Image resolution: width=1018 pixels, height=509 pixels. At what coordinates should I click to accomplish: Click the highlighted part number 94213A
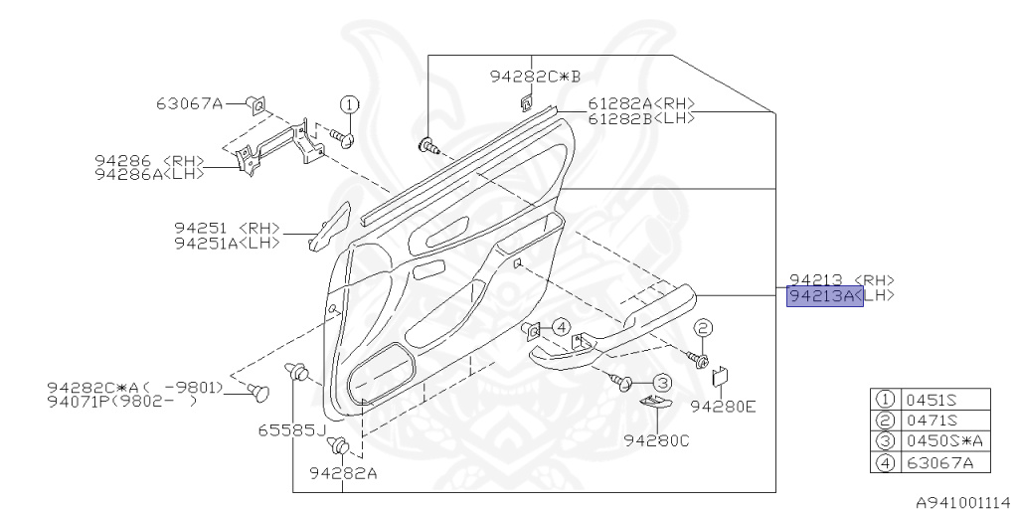point(824,296)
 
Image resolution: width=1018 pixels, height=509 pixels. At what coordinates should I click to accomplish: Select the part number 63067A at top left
point(189,102)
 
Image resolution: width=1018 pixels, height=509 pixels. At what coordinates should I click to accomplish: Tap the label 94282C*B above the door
point(534,76)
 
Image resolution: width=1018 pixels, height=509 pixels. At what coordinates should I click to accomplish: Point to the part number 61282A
point(618,104)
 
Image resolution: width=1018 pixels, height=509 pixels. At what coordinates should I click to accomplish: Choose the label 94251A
point(212,243)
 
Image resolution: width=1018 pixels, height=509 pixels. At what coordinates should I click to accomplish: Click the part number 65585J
point(289,430)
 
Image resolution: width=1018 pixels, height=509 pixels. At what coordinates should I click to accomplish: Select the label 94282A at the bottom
point(343,473)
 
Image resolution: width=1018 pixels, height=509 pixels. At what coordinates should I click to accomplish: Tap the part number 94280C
point(656,440)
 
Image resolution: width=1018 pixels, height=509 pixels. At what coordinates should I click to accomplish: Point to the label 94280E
point(723,406)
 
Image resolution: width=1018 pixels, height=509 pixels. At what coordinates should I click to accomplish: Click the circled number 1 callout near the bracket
point(349,104)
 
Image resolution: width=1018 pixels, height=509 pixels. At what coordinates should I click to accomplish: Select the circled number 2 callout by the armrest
point(703,329)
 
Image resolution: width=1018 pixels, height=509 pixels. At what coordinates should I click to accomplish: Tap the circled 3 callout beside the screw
point(662,382)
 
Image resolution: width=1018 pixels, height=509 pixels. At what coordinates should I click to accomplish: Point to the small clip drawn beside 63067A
point(256,102)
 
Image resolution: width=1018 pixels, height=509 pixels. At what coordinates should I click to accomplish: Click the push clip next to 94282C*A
point(261,391)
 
